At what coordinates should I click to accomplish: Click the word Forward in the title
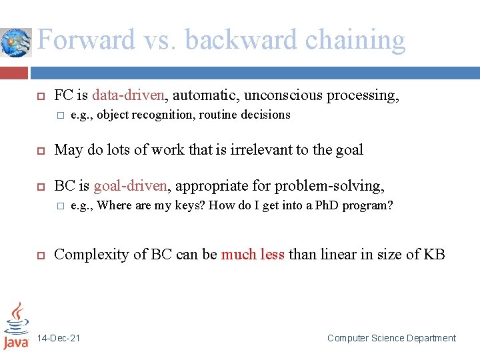(x=85, y=40)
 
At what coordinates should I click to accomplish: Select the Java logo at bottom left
(x=16, y=327)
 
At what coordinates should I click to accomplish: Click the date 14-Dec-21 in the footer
(x=59, y=338)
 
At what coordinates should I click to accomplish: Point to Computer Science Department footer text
(x=391, y=338)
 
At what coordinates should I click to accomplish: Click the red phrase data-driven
(x=128, y=95)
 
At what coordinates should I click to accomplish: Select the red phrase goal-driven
(x=129, y=186)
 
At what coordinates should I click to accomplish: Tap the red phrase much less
(x=253, y=254)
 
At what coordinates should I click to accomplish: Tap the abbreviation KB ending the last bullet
(x=434, y=254)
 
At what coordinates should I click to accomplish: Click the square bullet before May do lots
(x=39, y=151)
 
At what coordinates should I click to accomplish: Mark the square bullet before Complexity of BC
(x=39, y=255)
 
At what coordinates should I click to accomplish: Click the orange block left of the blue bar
(x=14, y=72)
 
